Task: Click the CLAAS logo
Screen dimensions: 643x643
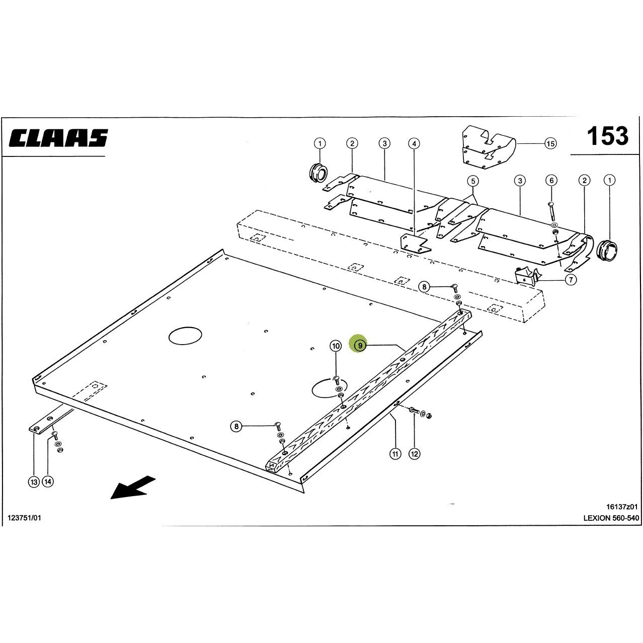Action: pyautogui.click(x=58, y=138)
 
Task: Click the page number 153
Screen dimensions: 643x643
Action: pyautogui.click(x=607, y=136)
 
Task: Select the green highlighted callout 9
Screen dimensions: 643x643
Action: pyautogui.click(x=360, y=345)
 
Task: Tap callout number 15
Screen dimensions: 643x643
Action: pyautogui.click(x=550, y=143)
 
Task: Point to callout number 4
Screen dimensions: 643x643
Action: pyautogui.click(x=414, y=144)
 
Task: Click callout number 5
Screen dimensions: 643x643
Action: pyautogui.click(x=473, y=181)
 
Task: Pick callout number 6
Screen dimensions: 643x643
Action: pyautogui.click(x=551, y=181)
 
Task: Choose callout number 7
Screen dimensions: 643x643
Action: pyautogui.click(x=571, y=280)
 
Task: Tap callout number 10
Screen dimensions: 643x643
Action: pyautogui.click(x=336, y=346)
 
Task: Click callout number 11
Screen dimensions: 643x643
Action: pyautogui.click(x=395, y=454)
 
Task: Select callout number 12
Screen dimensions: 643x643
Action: pyautogui.click(x=415, y=454)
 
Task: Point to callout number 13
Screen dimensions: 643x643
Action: pyautogui.click(x=34, y=482)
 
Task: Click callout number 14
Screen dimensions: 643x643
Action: pyautogui.click(x=48, y=481)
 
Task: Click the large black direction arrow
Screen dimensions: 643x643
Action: pyautogui.click(x=133, y=488)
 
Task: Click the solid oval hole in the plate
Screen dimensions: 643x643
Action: pyautogui.click(x=186, y=336)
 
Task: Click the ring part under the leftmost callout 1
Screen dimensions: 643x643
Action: pyautogui.click(x=318, y=173)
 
